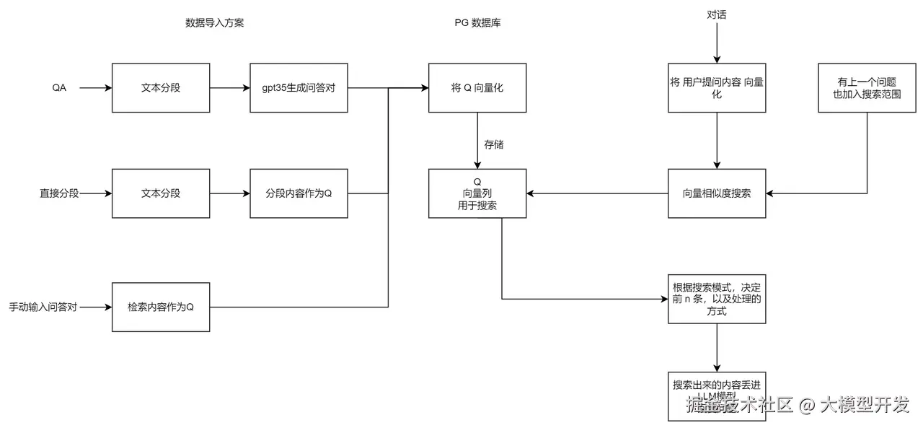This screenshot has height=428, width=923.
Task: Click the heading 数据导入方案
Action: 214,23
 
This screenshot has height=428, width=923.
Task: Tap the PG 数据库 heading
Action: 477,23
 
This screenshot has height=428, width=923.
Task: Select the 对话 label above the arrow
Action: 716,14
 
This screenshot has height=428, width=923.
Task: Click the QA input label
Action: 59,88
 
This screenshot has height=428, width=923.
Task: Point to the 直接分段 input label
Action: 59,193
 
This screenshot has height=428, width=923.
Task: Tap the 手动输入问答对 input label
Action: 43,307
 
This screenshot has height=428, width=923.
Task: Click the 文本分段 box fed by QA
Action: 161,88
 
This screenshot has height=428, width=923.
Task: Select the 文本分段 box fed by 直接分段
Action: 161,193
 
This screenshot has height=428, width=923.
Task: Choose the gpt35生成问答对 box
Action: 299,88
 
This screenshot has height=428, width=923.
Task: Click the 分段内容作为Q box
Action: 299,193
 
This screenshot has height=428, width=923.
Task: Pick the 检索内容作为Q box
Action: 161,307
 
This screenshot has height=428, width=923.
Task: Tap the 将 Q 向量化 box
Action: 477,88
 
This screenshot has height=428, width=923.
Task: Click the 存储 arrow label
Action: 494,145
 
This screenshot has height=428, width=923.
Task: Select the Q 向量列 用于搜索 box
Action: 477,193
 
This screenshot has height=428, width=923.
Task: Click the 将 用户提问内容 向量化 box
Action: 716,88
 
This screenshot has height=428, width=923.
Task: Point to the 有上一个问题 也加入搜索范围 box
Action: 867,88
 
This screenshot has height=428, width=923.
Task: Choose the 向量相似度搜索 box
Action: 716,193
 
